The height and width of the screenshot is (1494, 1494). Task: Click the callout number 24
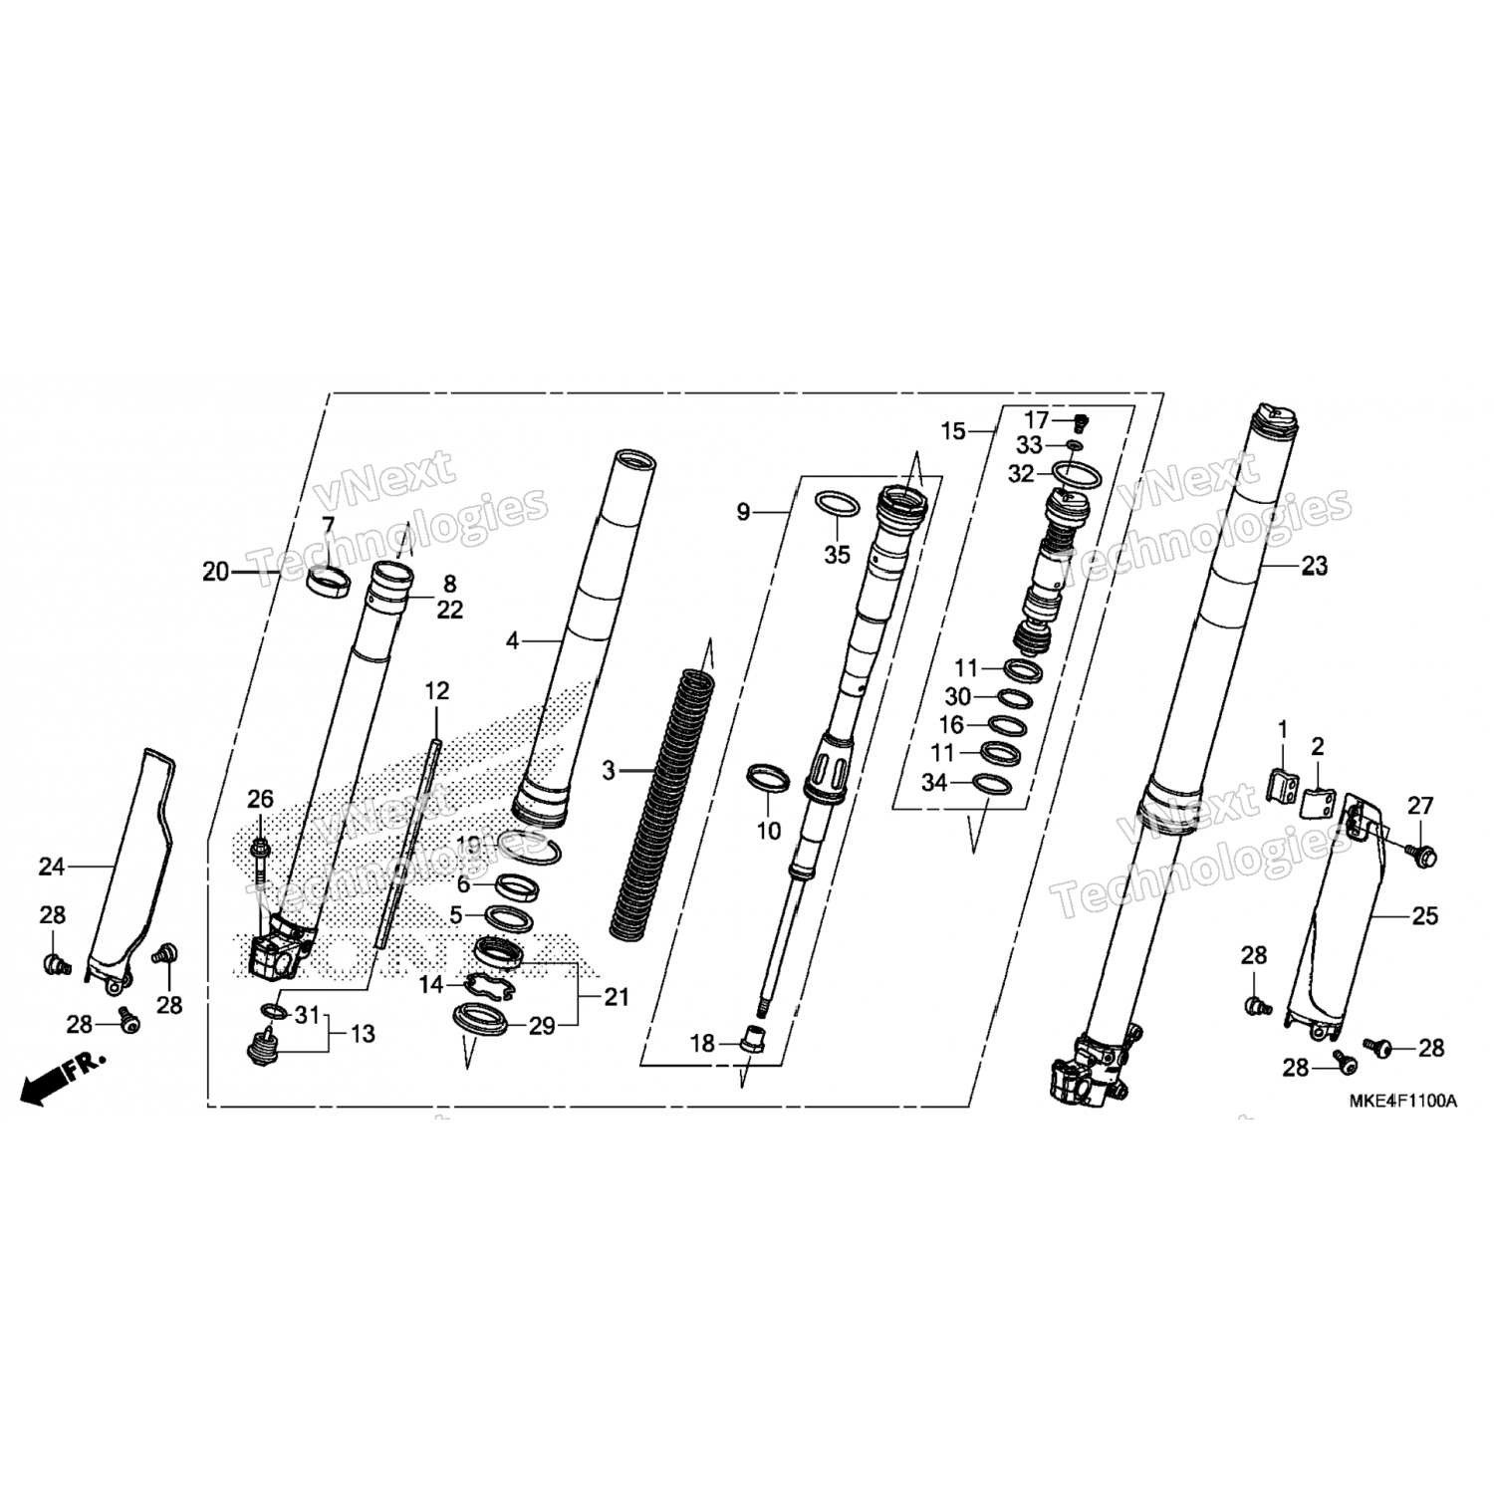tap(52, 868)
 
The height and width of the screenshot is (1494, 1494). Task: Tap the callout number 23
tap(1315, 567)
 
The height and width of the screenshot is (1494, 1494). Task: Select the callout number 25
tap(1425, 915)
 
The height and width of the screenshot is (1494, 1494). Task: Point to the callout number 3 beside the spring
tap(610, 771)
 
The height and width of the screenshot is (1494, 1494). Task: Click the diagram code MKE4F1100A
tap(1403, 1101)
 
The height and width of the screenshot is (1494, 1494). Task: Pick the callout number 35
tap(837, 555)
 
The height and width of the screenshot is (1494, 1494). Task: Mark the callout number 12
tap(436, 690)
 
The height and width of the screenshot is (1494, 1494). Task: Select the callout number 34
tap(933, 783)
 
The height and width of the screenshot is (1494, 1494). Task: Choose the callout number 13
tap(363, 1034)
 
